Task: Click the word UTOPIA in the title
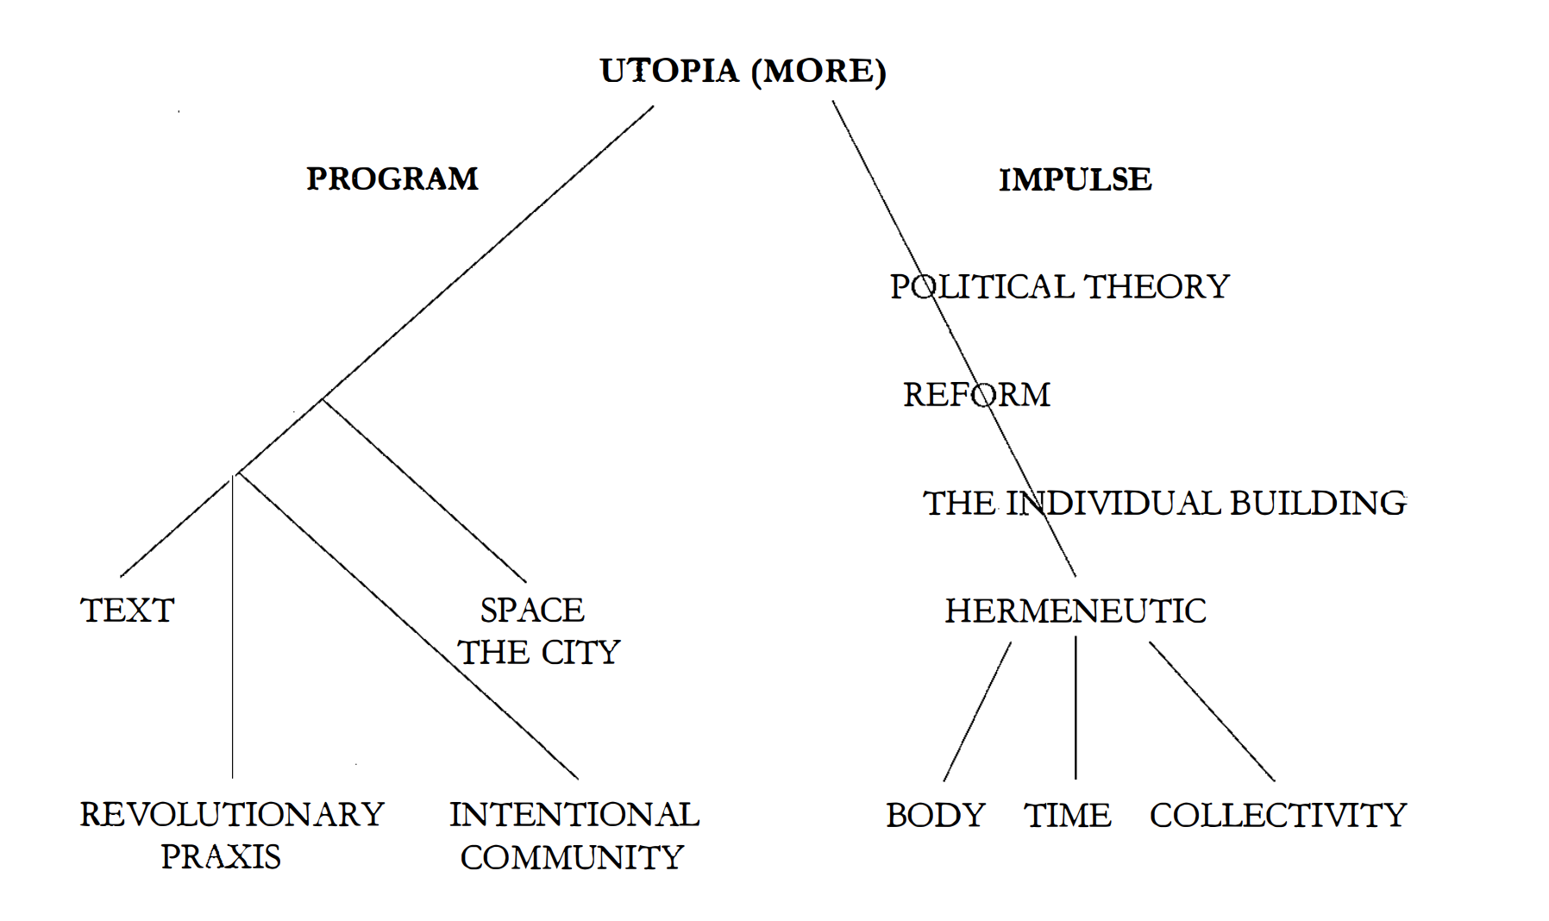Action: pos(669,71)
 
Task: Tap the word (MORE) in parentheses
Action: pos(818,71)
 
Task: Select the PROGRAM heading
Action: pos(392,179)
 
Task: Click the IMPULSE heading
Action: pos(1075,179)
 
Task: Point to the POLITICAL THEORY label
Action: pos(1059,287)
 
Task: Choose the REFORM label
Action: pos(976,395)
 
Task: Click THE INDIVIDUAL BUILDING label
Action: pos(1164,503)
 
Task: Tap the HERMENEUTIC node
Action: pos(1076,611)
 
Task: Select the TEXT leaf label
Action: pos(128,611)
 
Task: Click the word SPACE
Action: pos(532,611)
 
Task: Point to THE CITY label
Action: pos(539,653)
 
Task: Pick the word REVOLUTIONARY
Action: pos(232,814)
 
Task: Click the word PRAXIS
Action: pos(221,856)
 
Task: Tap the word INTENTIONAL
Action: pos(574,814)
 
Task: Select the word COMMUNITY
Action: pos(572,857)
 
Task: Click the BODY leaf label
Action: pos(936,815)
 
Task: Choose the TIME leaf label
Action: pos(1068,815)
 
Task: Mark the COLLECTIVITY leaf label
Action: pos(1278,815)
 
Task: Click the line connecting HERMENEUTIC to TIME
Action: pos(1076,707)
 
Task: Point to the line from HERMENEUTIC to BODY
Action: pos(977,711)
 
